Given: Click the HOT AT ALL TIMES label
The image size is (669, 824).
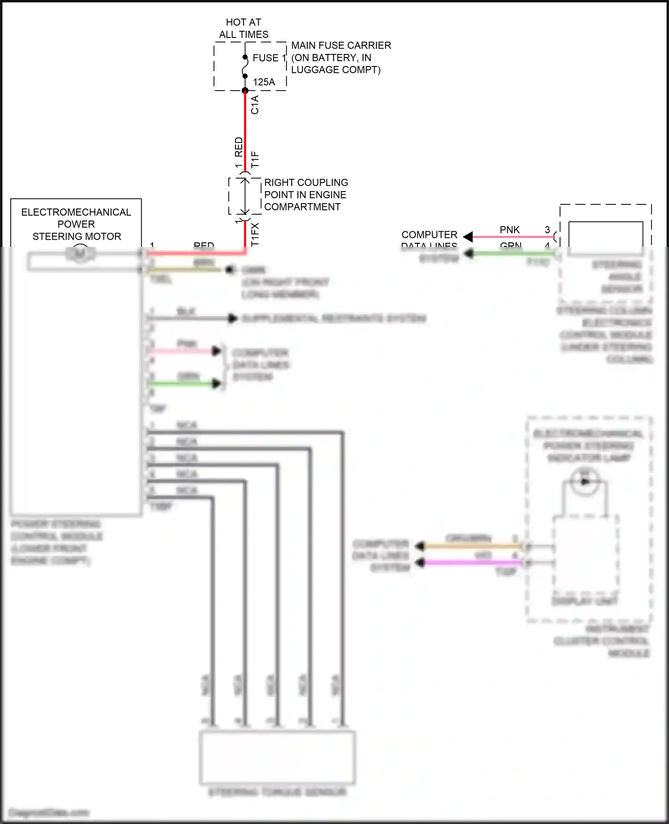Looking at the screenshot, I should [244, 28].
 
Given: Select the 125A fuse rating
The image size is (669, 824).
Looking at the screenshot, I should [264, 82].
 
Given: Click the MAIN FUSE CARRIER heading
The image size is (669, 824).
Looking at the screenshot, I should [341, 46].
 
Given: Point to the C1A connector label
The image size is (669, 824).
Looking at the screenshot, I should [255, 105].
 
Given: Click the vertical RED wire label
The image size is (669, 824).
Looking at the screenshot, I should [239, 147].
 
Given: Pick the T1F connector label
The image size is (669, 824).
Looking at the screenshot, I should [255, 159].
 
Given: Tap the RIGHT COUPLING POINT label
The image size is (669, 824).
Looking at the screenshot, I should [306, 195].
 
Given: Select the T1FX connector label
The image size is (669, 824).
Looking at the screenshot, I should [255, 234].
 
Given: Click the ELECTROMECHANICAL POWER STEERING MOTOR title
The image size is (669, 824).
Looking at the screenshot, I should [76, 224].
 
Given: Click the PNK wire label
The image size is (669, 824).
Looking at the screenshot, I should [509, 230].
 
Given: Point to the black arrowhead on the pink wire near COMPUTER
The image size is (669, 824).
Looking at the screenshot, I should [468, 237].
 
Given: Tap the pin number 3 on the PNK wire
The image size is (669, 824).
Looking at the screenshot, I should [547, 230].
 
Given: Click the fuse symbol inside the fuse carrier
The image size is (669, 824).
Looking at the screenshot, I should [245, 67].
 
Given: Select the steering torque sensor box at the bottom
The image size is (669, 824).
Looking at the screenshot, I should [277, 757].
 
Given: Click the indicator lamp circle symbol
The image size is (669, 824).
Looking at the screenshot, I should [585, 481].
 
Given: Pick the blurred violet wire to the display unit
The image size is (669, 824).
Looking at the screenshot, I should [473, 562].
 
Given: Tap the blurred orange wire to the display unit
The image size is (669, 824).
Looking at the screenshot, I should [473, 545].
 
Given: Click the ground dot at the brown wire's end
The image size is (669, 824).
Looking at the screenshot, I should [230, 270].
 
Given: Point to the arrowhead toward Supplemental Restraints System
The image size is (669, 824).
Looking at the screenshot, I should [232, 318].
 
